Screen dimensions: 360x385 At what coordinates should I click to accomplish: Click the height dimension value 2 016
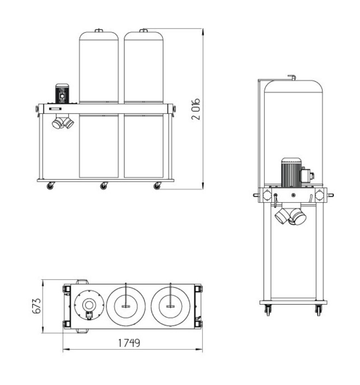(x=196, y=109)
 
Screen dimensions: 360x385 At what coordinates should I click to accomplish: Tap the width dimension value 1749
(x=129, y=343)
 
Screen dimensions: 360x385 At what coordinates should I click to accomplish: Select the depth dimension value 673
(x=36, y=306)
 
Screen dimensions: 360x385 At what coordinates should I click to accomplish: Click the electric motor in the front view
(x=62, y=94)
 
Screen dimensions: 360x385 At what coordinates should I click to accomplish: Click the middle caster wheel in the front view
(x=104, y=186)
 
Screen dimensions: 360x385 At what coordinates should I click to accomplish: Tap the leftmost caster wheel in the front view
(x=50, y=186)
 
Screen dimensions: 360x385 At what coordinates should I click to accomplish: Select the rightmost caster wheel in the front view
(x=157, y=186)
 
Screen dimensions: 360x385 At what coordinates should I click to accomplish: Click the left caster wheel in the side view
(x=268, y=310)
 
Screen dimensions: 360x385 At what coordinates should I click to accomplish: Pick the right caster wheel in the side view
(x=318, y=310)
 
